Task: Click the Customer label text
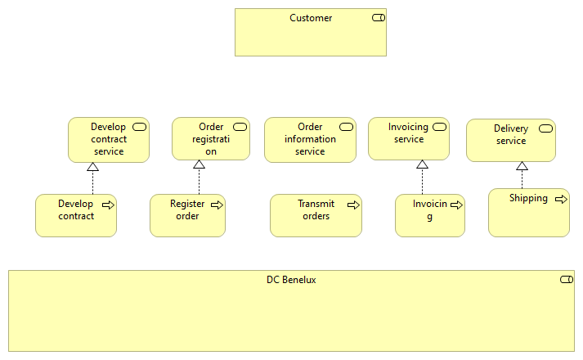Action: pos(311,18)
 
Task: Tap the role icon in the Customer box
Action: pos(378,18)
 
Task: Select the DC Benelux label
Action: pos(291,280)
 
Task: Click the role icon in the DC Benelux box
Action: pos(566,280)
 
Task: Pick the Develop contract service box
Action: pos(108,140)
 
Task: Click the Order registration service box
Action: pos(211,139)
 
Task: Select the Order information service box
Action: pos(310,140)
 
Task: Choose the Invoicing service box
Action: pos(408,138)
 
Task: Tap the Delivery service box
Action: pos(510,140)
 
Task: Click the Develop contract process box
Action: pos(76,216)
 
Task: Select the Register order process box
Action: pos(187,216)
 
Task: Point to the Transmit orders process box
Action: pos(316,216)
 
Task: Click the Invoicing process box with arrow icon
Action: pos(429,216)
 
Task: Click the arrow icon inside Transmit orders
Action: pos(353,205)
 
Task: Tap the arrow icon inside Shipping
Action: pos(561,199)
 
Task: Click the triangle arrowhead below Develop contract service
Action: pos(92,167)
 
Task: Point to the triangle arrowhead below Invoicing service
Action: pos(422,164)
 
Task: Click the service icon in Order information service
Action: pos(346,127)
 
